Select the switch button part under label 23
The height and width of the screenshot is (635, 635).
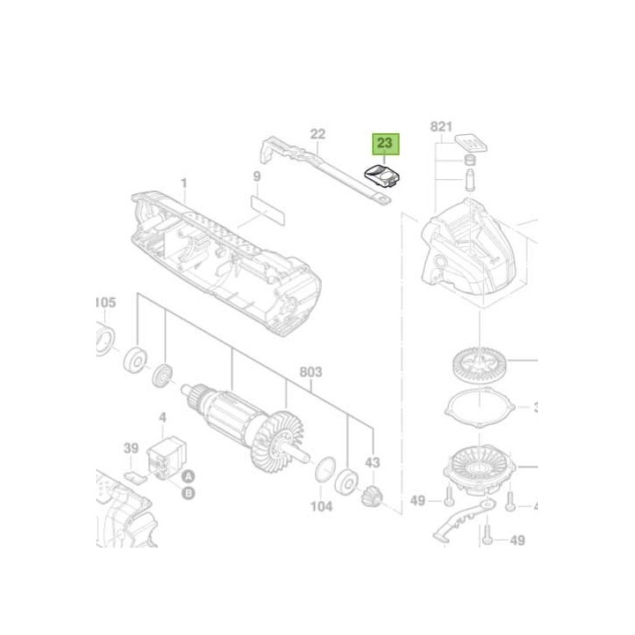[x=383, y=173]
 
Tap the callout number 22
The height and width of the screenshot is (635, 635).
[x=318, y=134]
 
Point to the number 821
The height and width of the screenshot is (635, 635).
[x=441, y=127]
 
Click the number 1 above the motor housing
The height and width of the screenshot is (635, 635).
[x=184, y=183]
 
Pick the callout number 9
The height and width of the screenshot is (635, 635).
[x=257, y=177]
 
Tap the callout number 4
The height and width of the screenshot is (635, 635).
[x=162, y=417]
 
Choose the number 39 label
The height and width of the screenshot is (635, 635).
[x=131, y=449]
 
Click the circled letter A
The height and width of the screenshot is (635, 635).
[x=188, y=476]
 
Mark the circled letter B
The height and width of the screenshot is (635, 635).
[x=188, y=493]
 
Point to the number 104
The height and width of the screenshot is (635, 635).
[x=321, y=506]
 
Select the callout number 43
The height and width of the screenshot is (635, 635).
[x=372, y=463]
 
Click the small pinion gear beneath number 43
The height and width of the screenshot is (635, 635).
[x=371, y=497]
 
